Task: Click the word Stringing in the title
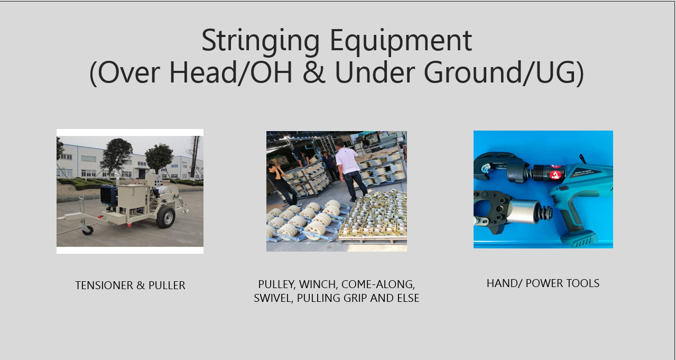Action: pyautogui.click(x=261, y=42)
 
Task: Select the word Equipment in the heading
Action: pyautogui.click(x=401, y=42)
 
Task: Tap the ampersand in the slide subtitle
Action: pyautogui.click(x=314, y=72)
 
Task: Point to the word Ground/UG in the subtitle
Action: pyautogui.click(x=504, y=73)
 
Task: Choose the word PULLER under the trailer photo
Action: pyautogui.click(x=167, y=285)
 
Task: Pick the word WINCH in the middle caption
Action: pyautogui.click(x=318, y=284)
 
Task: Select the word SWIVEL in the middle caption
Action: pyautogui.click(x=273, y=298)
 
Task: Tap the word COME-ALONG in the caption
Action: pyautogui.click(x=378, y=284)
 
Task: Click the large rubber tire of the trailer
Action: pyautogui.click(x=165, y=217)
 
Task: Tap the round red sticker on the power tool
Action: pyautogui.click(x=555, y=175)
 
